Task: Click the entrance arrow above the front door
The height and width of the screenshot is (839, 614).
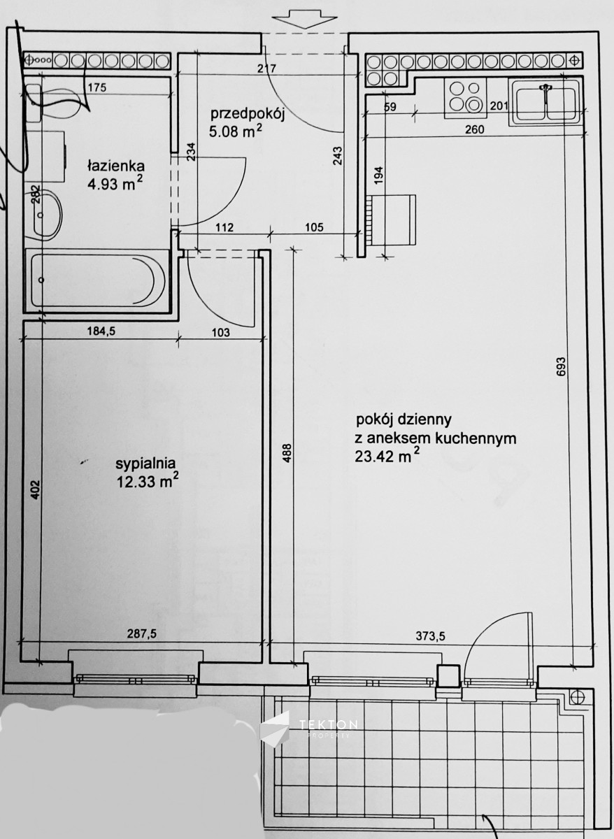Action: [x=305, y=20]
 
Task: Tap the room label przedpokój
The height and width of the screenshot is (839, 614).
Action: [x=248, y=113]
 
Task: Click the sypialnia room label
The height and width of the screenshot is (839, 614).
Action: [x=145, y=464]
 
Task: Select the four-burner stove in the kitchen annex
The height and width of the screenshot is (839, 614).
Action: [x=465, y=97]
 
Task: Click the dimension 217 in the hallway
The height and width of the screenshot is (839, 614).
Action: [x=266, y=69]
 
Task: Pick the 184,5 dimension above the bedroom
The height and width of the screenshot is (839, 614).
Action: [x=101, y=331]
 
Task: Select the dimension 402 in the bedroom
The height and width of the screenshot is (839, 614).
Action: [x=35, y=489]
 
